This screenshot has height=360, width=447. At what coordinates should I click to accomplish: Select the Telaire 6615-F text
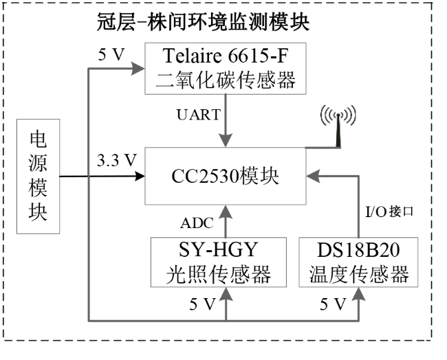pos(225,56)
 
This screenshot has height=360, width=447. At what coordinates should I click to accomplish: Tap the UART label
pos(199,115)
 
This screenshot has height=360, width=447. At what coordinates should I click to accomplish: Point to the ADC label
pos(197,223)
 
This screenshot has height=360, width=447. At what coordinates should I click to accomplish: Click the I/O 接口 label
pos(389,212)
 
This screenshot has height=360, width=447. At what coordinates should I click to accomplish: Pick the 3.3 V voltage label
pos(117,160)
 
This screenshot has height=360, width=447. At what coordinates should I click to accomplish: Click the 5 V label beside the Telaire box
pos(111,54)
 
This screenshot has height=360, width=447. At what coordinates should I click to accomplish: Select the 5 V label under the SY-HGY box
pos(202,304)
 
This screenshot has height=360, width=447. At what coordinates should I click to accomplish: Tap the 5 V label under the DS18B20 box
pos(333,304)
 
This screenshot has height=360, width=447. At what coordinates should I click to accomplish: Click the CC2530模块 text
pos(225,177)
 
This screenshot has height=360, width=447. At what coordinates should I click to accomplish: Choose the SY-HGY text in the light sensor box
pos(219,249)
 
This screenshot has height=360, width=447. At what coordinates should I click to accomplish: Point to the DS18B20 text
pos(358,250)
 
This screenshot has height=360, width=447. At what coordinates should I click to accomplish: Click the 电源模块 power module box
pos(39,177)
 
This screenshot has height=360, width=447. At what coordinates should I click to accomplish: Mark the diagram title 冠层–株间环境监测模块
pos(203,22)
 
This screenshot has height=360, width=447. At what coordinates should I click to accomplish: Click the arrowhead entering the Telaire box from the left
pos(138,68)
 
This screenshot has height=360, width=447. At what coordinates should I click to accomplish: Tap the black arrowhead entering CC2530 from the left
pos(140,177)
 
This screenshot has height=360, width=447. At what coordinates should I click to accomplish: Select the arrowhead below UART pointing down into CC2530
pos(226,140)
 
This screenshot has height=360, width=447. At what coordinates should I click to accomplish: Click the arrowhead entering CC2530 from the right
pos(314,177)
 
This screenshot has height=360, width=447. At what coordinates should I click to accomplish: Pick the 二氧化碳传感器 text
pos(225,80)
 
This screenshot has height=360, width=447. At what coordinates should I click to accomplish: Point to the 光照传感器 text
pos(219,275)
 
